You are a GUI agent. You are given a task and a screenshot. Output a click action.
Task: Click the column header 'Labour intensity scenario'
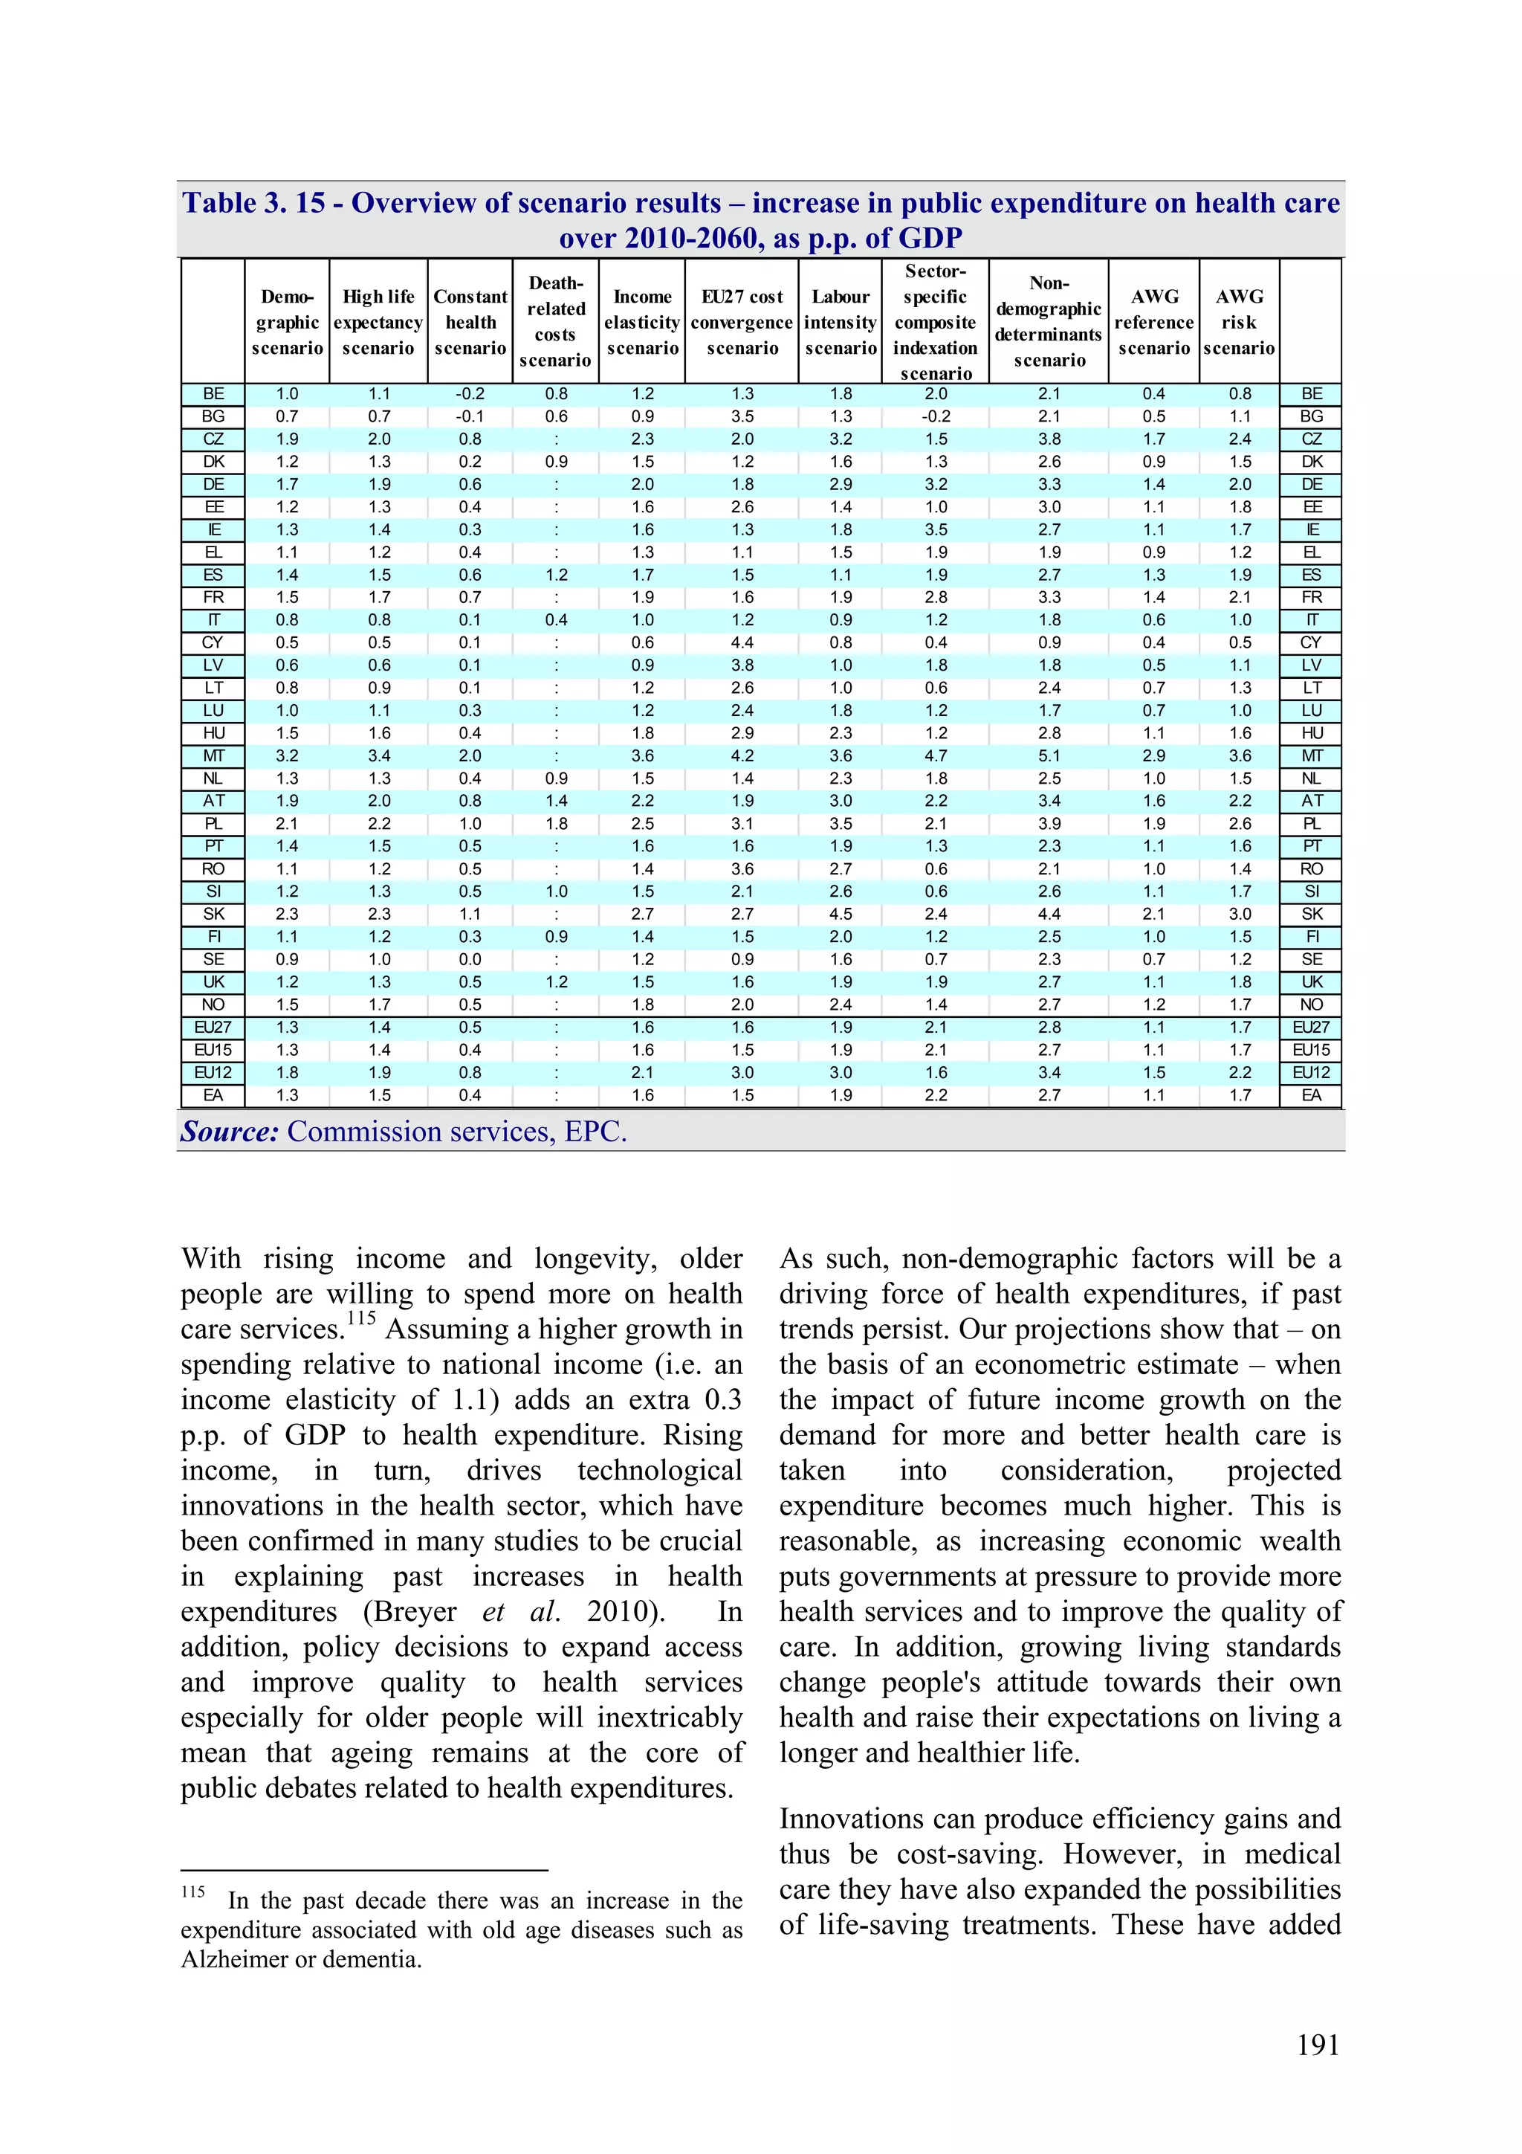841,322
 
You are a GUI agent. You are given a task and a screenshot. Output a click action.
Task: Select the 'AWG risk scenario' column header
1239,322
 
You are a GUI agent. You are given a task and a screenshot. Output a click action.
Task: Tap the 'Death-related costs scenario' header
555,322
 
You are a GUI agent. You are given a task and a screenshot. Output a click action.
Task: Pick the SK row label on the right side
1311,914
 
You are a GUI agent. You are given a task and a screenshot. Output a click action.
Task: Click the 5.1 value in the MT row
1049,756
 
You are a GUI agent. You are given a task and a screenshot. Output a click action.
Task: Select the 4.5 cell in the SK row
841,914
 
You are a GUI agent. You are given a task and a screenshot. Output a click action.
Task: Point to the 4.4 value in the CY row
742,642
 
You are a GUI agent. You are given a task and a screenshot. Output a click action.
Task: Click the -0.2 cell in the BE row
470,394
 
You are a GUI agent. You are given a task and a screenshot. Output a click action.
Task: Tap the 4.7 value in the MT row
935,756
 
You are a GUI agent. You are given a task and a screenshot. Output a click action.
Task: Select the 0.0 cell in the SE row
470,959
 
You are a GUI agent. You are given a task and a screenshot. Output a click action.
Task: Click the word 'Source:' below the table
230,1132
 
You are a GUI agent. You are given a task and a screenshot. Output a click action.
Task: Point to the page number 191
1318,2045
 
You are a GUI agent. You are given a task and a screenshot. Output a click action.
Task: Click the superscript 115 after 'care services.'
361,1318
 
